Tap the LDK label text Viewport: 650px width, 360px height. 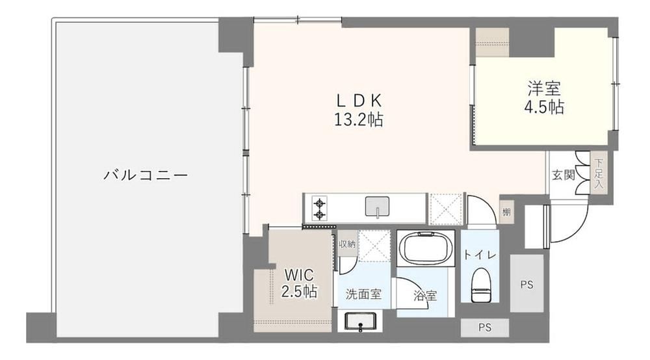point(359,101)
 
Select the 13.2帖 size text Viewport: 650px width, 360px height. point(359,120)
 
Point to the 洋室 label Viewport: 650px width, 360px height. point(544,88)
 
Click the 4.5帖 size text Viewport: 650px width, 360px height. point(544,107)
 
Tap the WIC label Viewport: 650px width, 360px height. point(299,275)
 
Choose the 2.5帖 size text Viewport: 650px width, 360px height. point(299,292)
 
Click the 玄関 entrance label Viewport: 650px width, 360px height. point(564,175)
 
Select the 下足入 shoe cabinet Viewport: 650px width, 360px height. point(598,174)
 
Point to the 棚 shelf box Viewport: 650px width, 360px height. point(506,212)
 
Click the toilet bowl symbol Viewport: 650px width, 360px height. point(481,285)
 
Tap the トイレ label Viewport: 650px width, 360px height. point(480,255)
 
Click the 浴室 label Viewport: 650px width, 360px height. point(425,296)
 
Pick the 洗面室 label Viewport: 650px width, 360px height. point(363,294)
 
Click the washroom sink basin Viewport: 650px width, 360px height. point(360,322)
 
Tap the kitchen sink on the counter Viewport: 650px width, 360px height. point(377,207)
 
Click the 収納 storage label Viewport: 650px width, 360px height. point(347,244)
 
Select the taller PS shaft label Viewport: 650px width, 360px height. point(526,285)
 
